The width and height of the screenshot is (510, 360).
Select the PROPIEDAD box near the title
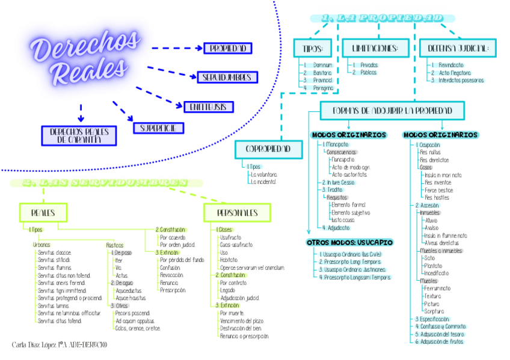tap(228, 48)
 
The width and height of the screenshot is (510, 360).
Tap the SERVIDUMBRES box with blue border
tap(227, 77)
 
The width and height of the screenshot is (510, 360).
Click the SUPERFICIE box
tap(158, 128)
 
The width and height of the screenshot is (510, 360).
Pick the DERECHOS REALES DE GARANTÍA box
tap(78, 136)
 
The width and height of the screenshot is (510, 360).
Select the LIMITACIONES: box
tap(375, 48)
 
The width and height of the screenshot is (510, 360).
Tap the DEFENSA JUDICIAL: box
tap(458, 48)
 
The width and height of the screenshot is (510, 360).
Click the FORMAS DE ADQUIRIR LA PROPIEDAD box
tap(393, 111)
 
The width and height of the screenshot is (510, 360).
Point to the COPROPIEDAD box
tap(268, 148)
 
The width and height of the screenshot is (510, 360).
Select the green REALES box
tap(43, 212)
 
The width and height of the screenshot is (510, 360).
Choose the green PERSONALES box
tap(237, 212)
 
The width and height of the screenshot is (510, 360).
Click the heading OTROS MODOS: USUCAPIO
tap(349, 242)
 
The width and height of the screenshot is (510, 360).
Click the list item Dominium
tap(322, 65)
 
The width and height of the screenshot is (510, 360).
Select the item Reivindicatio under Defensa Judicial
tap(450, 65)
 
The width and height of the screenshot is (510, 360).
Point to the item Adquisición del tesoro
tap(442, 334)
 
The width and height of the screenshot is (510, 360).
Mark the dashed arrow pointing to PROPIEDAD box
tap(177, 48)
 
